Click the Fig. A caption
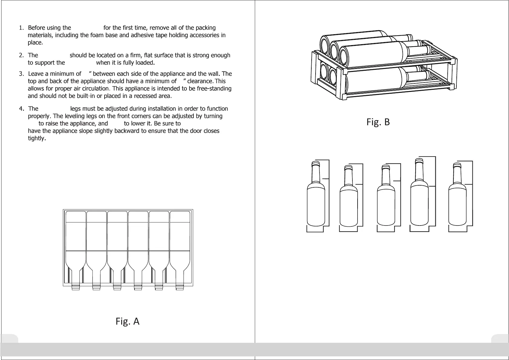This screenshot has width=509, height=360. (x=127, y=321)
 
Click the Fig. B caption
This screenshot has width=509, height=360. (x=378, y=122)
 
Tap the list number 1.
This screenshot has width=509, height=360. (x=21, y=28)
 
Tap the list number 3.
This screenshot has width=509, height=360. (x=21, y=74)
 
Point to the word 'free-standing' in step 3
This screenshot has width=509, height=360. (x=214, y=89)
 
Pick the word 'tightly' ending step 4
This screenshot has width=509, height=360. (x=36, y=138)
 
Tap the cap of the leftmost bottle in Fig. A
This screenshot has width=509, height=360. (x=76, y=287)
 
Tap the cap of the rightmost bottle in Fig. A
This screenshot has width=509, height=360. (x=180, y=287)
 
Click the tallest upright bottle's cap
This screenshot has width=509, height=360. (x=419, y=161)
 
